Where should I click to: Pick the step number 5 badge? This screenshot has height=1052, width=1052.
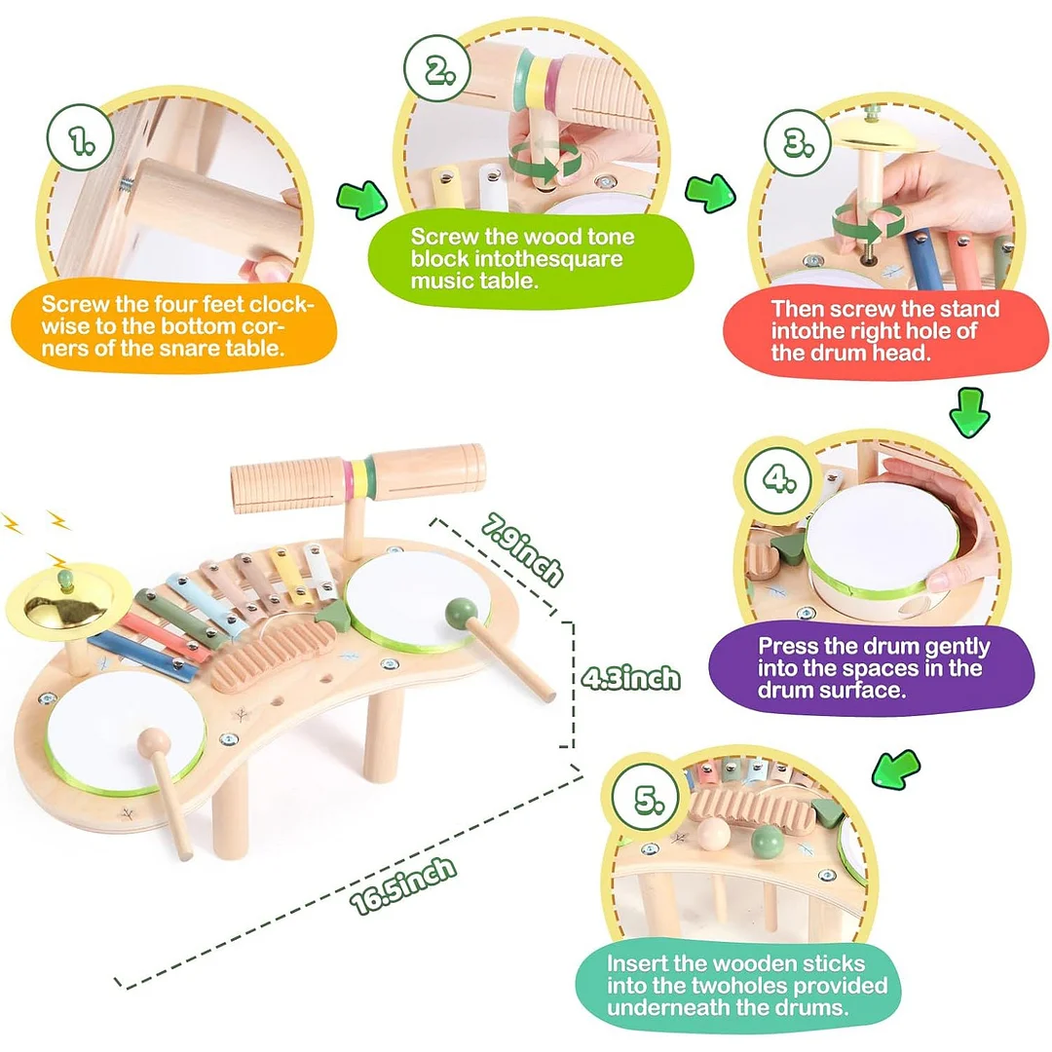pyautogui.click(x=645, y=801)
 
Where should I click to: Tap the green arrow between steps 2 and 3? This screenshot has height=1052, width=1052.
pyautogui.click(x=711, y=192)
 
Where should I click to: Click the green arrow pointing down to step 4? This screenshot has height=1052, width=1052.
pyautogui.click(x=970, y=411)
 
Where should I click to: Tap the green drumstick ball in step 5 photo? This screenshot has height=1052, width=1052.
pyautogui.click(x=768, y=840)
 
